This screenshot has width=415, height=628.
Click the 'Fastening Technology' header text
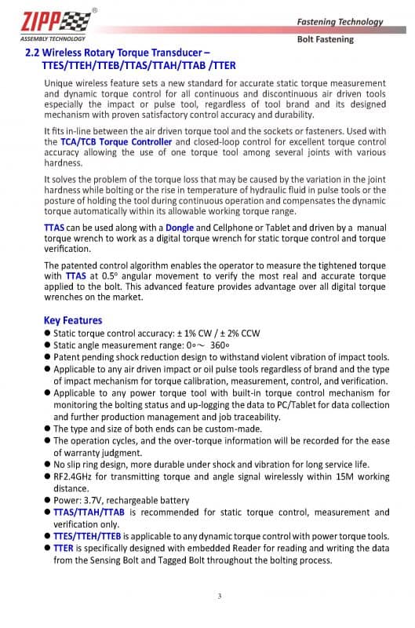pyautogui.click(x=340, y=22)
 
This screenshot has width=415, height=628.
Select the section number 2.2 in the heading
pyautogui.click(x=34, y=53)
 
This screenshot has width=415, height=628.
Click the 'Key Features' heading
pyautogui.click(x=73, y=320)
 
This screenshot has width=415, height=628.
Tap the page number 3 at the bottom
pyautogui.click(x=220, y=597)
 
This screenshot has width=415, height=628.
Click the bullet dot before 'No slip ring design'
pyautogui.click(x=48, y=464)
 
